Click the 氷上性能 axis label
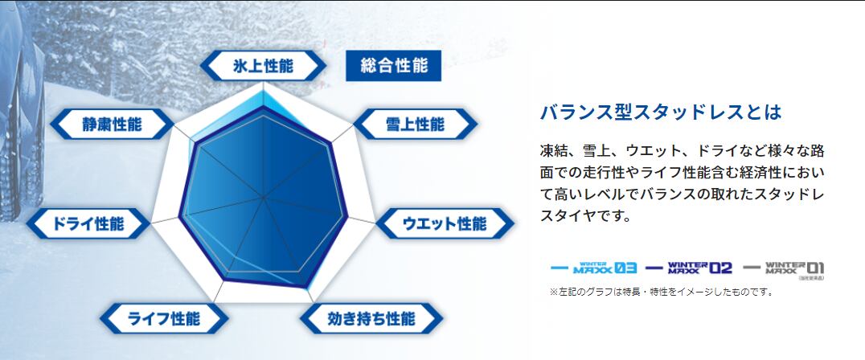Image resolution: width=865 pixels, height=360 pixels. point(263,66)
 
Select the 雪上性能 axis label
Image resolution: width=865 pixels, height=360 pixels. point(415,124)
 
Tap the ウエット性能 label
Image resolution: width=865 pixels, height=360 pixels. point(445,223)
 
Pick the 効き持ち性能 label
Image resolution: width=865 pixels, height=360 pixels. point(371,319)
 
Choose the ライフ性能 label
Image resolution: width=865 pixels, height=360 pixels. point(164,319)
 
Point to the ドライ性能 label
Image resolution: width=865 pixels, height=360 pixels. point(88,223)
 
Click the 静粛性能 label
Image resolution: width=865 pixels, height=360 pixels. point(112,124)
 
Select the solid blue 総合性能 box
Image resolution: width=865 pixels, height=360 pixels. point(393,66)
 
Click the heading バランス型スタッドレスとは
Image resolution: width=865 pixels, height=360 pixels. point(661,112)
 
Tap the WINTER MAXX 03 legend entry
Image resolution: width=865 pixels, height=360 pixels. point(593,268)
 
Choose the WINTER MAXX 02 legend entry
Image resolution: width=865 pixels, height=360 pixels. point(689,268)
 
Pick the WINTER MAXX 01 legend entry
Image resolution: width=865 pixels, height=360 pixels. point(784,268)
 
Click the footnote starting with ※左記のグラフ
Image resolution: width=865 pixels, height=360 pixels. point(662,292)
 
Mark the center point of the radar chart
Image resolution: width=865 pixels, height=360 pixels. point(264,198)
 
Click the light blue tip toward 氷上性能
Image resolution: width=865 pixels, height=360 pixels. point(263,91)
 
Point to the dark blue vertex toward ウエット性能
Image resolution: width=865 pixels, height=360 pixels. point(347,217)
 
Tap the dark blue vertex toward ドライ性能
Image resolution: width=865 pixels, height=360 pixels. point(180,217)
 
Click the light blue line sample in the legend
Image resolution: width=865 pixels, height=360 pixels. point(560,268)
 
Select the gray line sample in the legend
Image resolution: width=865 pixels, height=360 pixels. point(752,268)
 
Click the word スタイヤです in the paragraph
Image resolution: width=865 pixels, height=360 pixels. point(584,215)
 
